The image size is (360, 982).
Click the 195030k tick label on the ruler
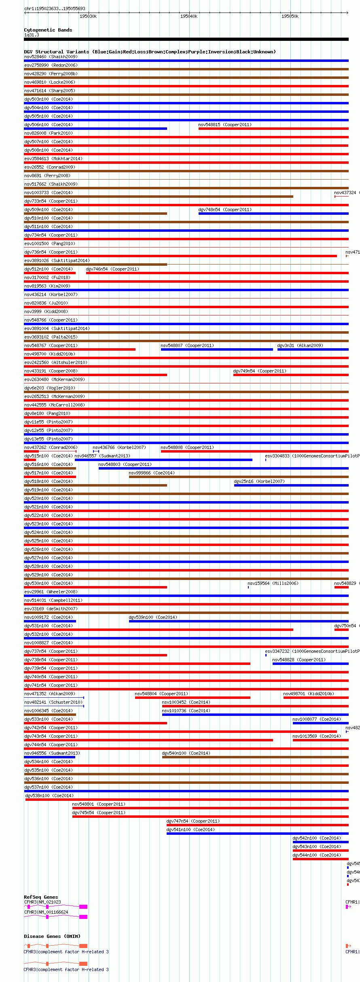pos(88,16)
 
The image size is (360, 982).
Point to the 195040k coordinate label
pos(189,16)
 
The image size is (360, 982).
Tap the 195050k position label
pos(290,16)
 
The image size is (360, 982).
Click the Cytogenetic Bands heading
pos(48,30)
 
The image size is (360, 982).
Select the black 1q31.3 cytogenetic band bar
pos(186,39)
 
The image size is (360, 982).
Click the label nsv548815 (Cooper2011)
pos(224,125)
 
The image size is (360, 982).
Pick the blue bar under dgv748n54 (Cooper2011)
pos(273,214)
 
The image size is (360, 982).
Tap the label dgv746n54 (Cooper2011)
pos(112,269)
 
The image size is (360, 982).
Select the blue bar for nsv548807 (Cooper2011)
pos(216,349)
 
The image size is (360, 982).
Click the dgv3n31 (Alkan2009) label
pos(300,345)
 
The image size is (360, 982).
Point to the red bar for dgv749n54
pos(290,375)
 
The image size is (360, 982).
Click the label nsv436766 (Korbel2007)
pos(119,447)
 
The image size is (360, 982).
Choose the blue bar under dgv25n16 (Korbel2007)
pos(291,485)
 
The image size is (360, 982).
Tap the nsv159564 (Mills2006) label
pos(273,583)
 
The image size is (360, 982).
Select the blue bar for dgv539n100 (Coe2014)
pos(238,621)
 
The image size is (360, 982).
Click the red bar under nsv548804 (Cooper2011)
pos(192,698)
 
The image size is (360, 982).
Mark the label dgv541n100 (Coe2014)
pos(190,830)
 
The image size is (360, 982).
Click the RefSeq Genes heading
pos(41,897)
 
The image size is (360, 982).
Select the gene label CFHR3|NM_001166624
pos(46,912)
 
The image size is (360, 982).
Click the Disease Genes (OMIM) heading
pos(52,936)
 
